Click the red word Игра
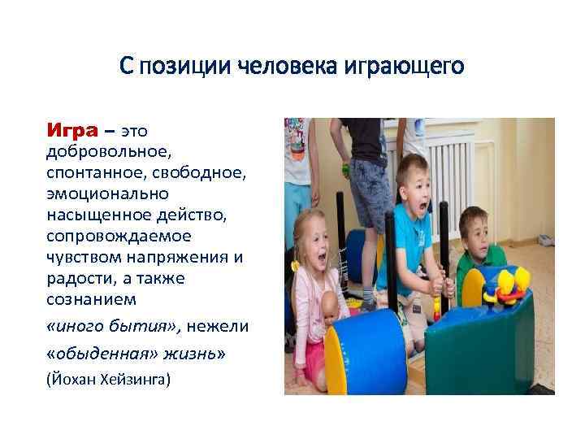[72, 130]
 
